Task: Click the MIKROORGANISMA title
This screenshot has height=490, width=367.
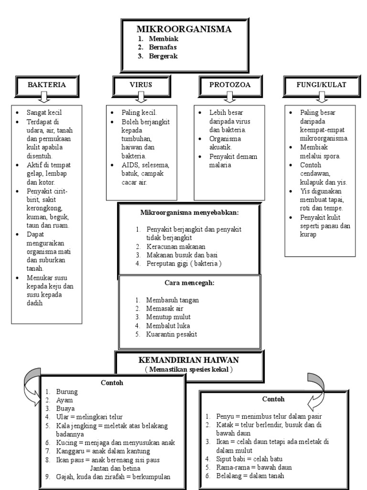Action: click(184, 29)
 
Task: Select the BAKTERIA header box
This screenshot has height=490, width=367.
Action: click(47, 86)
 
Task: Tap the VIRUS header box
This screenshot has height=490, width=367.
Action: click(141, 86)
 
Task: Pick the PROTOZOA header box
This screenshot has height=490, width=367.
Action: click(230, 86)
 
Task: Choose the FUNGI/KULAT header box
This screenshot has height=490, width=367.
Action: click(322, 86)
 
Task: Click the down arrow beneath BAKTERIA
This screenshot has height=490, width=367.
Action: click(44, 97)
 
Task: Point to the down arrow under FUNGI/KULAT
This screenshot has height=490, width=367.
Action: click(322, 97)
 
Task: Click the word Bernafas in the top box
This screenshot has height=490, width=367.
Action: click(162, 47)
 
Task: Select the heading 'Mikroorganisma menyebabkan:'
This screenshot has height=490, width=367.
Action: click(189, 213)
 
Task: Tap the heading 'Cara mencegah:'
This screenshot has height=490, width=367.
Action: click(189, 283)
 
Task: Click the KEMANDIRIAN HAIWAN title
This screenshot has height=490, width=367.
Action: click(188, 360)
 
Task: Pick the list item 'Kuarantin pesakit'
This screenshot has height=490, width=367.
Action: click(172, 334)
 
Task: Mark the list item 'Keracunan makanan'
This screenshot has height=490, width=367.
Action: click(176, 246)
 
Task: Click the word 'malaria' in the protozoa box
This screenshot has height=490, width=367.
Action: click(220, 165)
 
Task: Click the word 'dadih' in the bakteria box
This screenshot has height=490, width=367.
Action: click(34, 303)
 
